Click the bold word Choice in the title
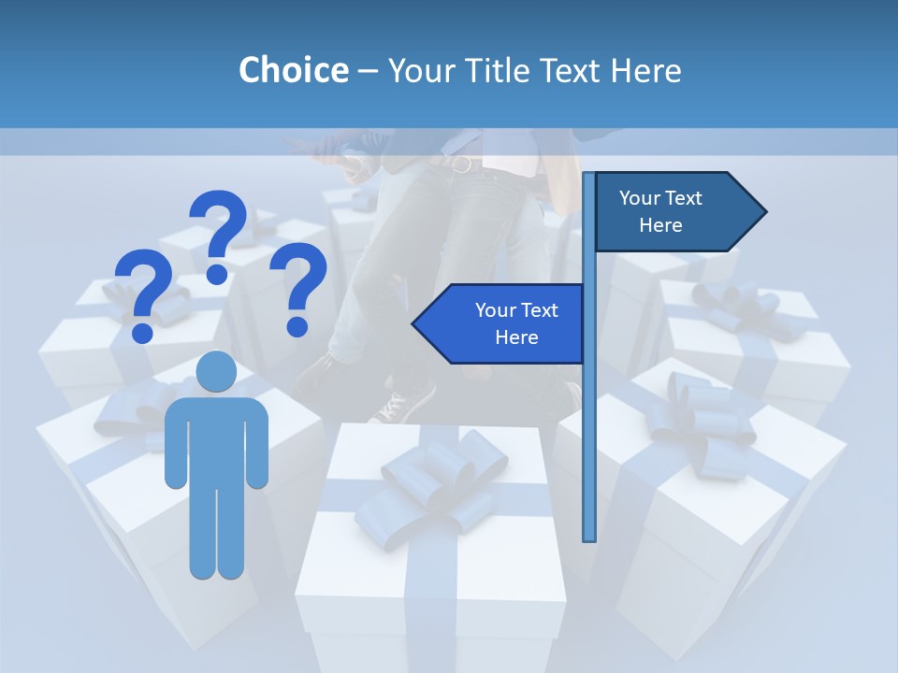[293, 70]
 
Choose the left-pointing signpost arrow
[500, 323]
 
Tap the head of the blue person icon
[216, 371]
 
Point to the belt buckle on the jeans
[460, 165]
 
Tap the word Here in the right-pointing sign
[660, 225]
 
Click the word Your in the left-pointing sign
[496, 310]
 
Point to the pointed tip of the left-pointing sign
[414, 323]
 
